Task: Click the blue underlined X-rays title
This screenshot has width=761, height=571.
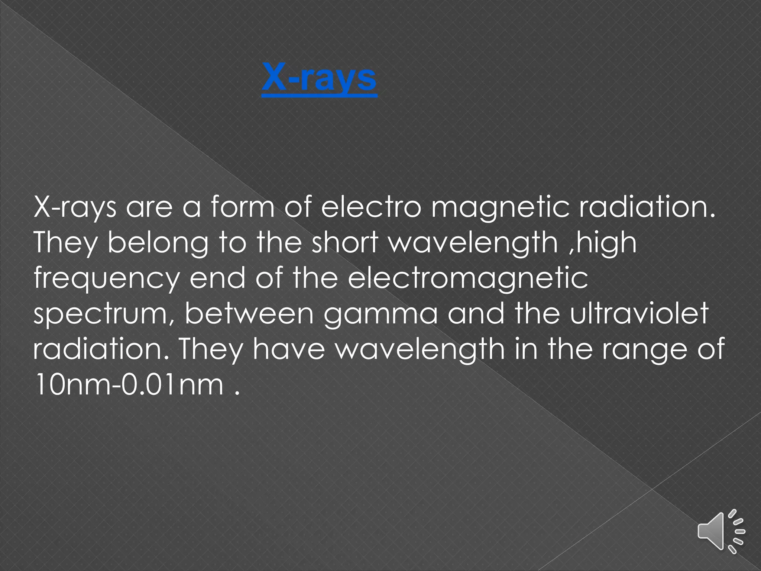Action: point(319,79)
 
